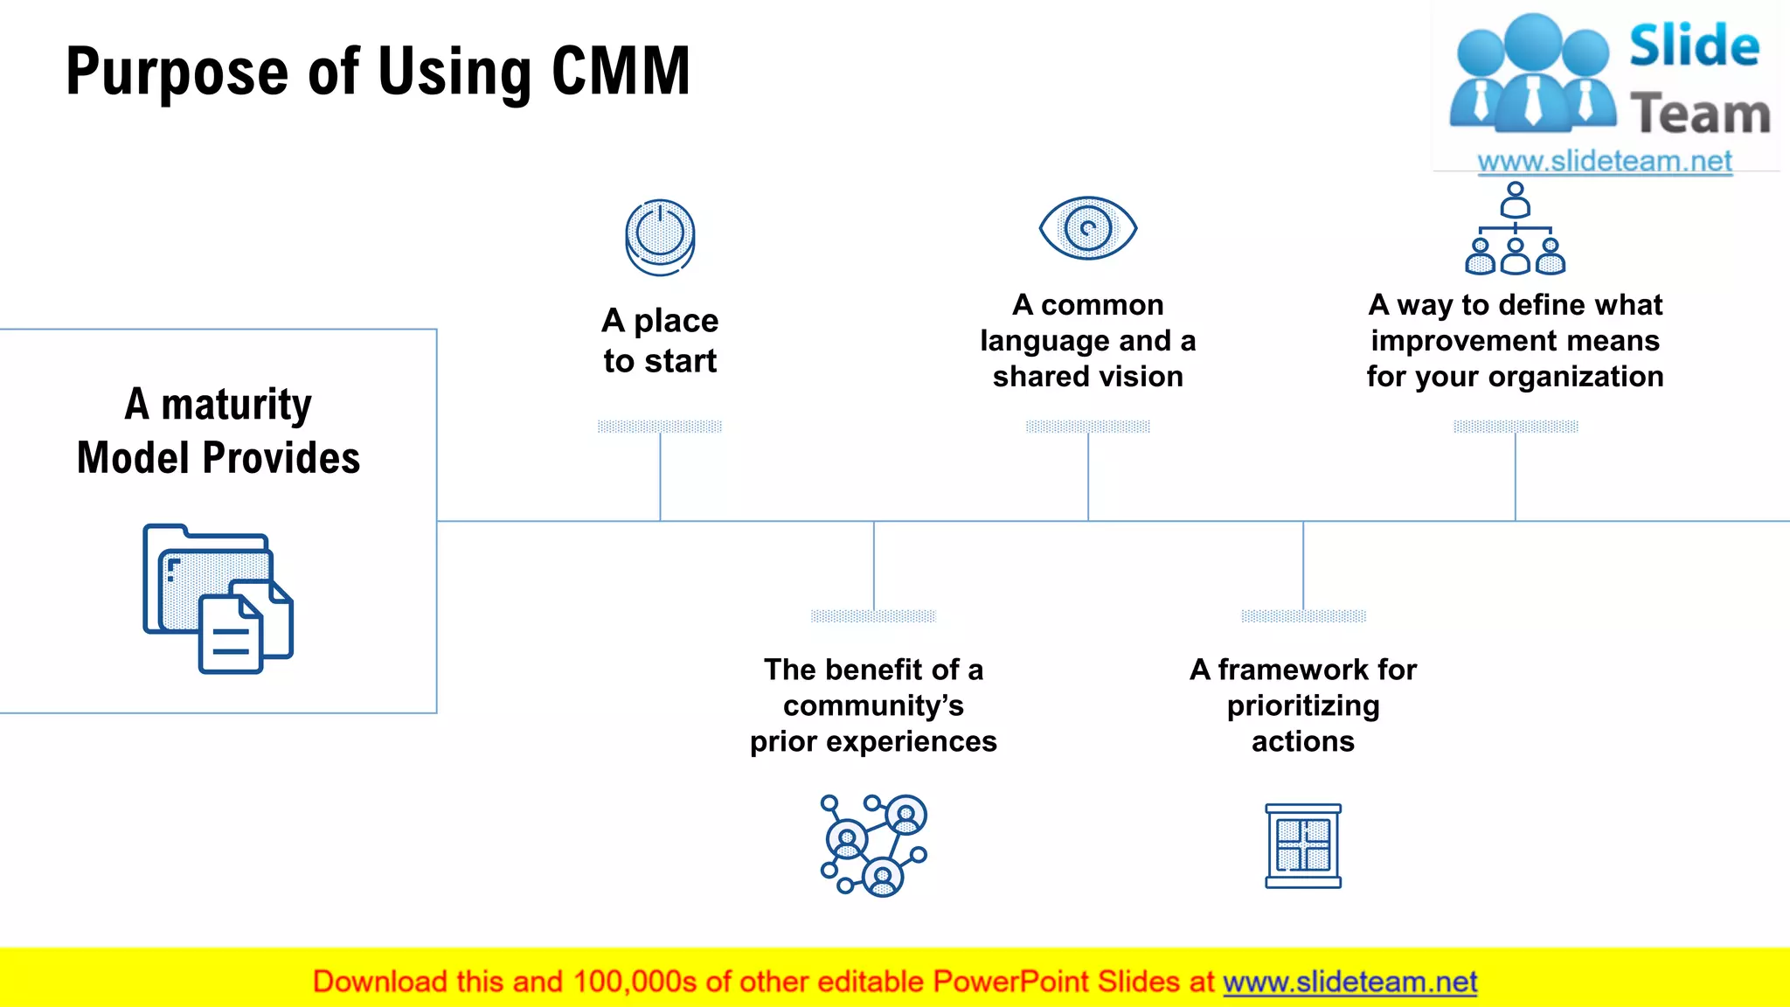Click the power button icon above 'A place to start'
(x=660, y=237)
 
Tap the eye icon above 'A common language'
(x=1087, y=228)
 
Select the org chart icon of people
(x=1515, y=229)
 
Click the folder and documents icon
(x=218, y=599)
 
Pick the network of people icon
(x=873, y=845)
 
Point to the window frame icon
(x=1302, y=846)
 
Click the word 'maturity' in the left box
(x=236, y=405)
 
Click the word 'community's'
(x=873, y=705)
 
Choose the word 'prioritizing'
(x=1302, y=706)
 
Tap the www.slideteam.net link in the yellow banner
(x=1349, y=983)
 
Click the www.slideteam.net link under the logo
(x=1604, y=162)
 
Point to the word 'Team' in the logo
(x=1699, y=115)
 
